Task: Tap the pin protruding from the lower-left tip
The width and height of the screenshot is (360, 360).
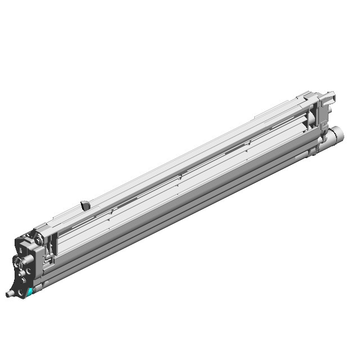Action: tap(10, 294)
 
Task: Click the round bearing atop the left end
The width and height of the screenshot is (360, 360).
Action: tap(37, 240)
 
